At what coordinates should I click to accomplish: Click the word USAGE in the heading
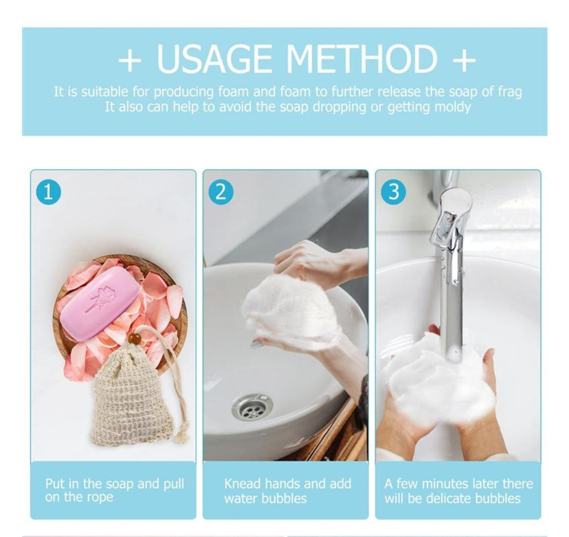coord(214,59)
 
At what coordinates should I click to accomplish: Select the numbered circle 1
coord(48,192)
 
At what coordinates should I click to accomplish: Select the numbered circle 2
coord(221,192)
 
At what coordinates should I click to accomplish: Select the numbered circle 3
coord(393,192)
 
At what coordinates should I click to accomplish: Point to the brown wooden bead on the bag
coord(135,339)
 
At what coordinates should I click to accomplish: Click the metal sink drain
coord(252,407)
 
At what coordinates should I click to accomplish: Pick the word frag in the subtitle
coord(510,92)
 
